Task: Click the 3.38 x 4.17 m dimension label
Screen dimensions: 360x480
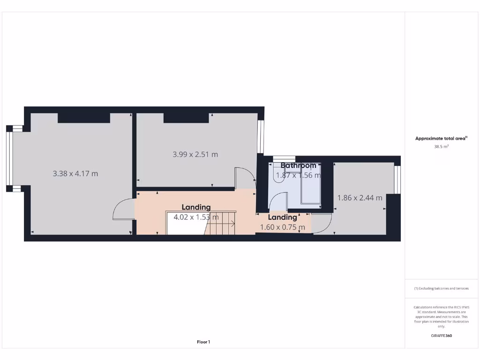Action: (75, 173)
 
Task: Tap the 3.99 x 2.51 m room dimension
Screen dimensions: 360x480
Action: (195, 154)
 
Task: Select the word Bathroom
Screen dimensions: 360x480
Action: (299, 165)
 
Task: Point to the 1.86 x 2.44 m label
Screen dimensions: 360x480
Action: (360, 198)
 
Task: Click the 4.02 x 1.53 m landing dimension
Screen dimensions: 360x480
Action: (196, 217)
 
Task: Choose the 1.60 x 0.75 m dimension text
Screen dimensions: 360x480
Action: (283, 227)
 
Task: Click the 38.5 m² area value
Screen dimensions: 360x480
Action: (441, 147)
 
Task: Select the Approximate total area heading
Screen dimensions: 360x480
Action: (441, 138)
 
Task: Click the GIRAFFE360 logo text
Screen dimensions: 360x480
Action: (441, 336)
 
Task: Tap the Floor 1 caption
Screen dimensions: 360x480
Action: (203, 342)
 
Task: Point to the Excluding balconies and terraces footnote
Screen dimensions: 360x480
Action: (441, 289)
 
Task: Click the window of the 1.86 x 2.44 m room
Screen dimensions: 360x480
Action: (397, 180)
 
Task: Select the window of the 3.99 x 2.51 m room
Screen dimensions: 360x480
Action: (261, 137)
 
